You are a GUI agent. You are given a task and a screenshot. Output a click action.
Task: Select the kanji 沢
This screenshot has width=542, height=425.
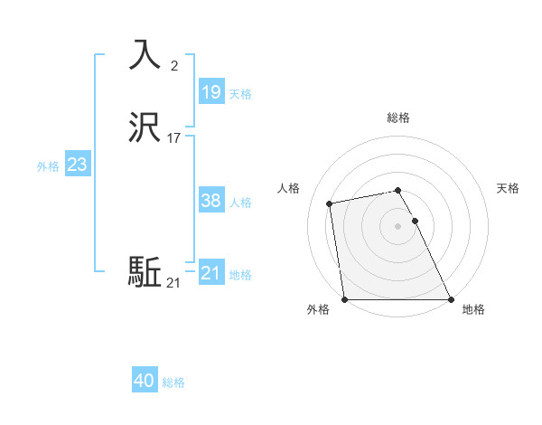[x=145, y=127]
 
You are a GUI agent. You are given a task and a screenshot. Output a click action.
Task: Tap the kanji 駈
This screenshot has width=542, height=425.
[x=145, y=272]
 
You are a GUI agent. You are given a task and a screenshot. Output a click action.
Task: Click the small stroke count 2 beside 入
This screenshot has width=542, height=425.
[x=174, y=65]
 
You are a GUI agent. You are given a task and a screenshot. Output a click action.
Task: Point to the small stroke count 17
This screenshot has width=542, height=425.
[x=174, y=138]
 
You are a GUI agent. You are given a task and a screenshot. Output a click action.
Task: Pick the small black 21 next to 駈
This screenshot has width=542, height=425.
[x=173, y=283]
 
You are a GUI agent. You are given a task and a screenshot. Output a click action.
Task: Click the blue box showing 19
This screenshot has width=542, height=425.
[x=210, y=92]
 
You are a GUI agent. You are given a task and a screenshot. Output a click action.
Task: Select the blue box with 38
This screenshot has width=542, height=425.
[x=210, y=201]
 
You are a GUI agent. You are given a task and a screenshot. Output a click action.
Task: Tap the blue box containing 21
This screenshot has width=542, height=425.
[x=210, y=273]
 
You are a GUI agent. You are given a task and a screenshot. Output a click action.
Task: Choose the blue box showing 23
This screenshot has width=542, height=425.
[x=77, y=165]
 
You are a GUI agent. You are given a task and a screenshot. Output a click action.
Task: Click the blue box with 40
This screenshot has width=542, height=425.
[x=144, y=381]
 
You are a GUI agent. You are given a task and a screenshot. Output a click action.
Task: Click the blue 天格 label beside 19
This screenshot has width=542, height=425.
[x=240, y=94]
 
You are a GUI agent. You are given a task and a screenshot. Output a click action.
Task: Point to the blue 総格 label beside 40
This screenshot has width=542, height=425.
[x=173, y=382]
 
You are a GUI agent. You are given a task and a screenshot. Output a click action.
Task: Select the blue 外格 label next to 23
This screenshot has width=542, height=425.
[x=48, y=166]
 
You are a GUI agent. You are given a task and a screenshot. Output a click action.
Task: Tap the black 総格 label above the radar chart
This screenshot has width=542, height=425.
[x=397, y=118]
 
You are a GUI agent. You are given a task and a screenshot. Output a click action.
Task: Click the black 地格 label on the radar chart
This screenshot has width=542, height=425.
[x=473, y=309]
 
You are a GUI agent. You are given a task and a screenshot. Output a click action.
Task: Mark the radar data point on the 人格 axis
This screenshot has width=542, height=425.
[x=331, y=203]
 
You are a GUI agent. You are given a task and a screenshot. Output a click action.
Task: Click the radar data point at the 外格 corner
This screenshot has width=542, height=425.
[x=344, y=299]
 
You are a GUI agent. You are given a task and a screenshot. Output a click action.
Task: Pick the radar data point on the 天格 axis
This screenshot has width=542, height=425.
[x=415, y=221]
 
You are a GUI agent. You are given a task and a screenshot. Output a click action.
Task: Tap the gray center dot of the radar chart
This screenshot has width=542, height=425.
[x=397, y=226]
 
